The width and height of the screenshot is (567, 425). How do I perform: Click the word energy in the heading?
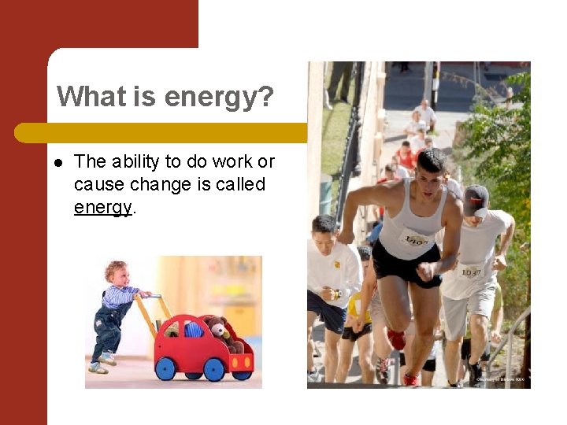click(218, 98)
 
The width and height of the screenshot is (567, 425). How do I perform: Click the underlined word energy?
click(102, 207)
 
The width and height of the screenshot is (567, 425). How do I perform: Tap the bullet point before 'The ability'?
click(58, 163)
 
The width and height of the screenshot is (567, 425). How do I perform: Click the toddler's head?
click(116, 272)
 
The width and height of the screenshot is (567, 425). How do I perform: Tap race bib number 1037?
click(471, 272)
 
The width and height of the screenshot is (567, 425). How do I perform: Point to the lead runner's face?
click(431, 175)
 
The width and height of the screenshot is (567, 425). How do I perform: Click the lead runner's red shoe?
click(397, 339)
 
